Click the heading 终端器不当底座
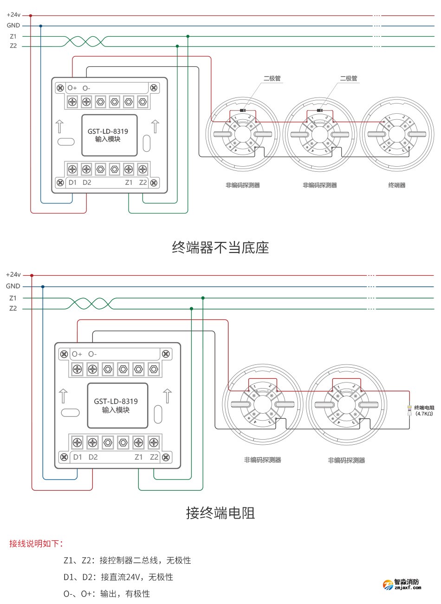[220, 247]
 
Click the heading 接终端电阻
[220, 513]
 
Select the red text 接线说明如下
[36, 543]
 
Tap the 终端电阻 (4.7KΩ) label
[424, 410]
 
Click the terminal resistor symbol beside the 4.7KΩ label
[409, 410]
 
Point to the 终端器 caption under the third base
[397, 185]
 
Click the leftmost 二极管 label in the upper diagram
[272, 78]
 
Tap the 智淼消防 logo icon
[388, 585]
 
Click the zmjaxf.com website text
[407, 588]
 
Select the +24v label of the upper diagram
[13, 15]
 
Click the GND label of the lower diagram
[13, 286]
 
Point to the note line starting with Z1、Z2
[127, 560]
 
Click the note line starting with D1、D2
[118, 577]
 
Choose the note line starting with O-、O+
[107, 594]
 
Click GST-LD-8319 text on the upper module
[108, 131]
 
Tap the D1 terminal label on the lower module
[78, 457]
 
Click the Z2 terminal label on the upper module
[143, 182]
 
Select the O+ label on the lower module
[77, 354]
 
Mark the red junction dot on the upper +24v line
[31, 15]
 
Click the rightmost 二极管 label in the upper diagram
[349, 78]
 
